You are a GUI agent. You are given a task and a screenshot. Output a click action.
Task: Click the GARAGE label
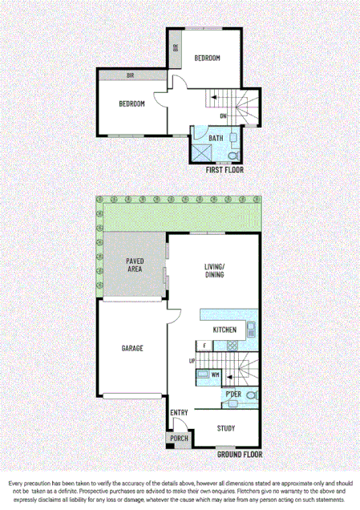tap(132, 348)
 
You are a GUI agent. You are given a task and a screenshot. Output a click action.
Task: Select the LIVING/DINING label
tap(213, 270)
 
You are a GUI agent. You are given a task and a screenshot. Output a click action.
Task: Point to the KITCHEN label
tap(224, 330)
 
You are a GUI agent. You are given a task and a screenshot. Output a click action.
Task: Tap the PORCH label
tap(178, 439)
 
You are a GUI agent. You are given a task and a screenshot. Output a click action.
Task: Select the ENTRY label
tap(178, 412)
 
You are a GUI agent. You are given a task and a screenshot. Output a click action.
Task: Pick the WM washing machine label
tap(215, 374)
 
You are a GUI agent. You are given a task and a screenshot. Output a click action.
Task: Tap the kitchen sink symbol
tap(250, 328)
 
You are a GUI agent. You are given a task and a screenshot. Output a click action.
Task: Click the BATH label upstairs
tap(216, 139)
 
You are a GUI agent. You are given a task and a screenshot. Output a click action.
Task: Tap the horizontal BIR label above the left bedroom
tap(130, 75)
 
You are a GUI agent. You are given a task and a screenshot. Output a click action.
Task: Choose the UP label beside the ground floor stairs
tap(192, 361)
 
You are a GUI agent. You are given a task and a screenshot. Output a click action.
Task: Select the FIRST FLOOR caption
tap(224, 171)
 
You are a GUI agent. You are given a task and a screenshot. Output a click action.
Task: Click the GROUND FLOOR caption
tap(241, 455)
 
